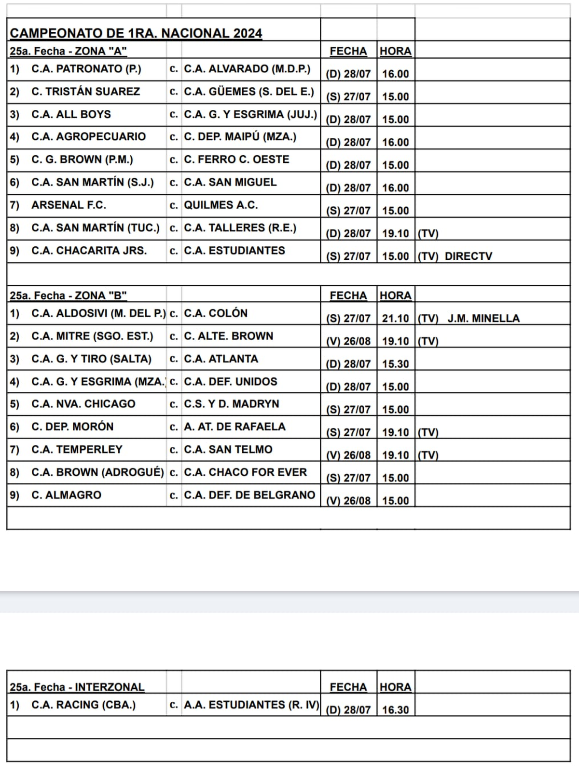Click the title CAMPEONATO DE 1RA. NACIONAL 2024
(x=136, y=33)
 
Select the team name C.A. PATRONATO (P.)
(x=86, y=69)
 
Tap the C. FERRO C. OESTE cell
(x=236, y=160)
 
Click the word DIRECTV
(x=468, y=256)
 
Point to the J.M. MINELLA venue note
(x=483, y=319)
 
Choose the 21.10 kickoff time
(x=395, y=319)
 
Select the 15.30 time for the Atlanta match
(x=395, y=364)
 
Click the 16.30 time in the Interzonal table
(x=395, y=710)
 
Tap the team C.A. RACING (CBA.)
(x=83, y=705)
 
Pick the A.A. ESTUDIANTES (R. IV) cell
(x=251, y=705)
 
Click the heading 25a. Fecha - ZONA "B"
(x=68, y=296)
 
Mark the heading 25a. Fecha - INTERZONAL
(x=77, y=687)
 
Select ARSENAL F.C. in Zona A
(x=69, y=205)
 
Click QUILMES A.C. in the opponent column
(x=221, y=205)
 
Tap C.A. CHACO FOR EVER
(x=245, y=472)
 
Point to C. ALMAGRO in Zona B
(x=66, y=495)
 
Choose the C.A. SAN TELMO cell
(x=228, y=450)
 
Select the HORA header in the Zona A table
(x=395, y=51)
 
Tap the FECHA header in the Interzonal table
(x=348, y=687)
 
